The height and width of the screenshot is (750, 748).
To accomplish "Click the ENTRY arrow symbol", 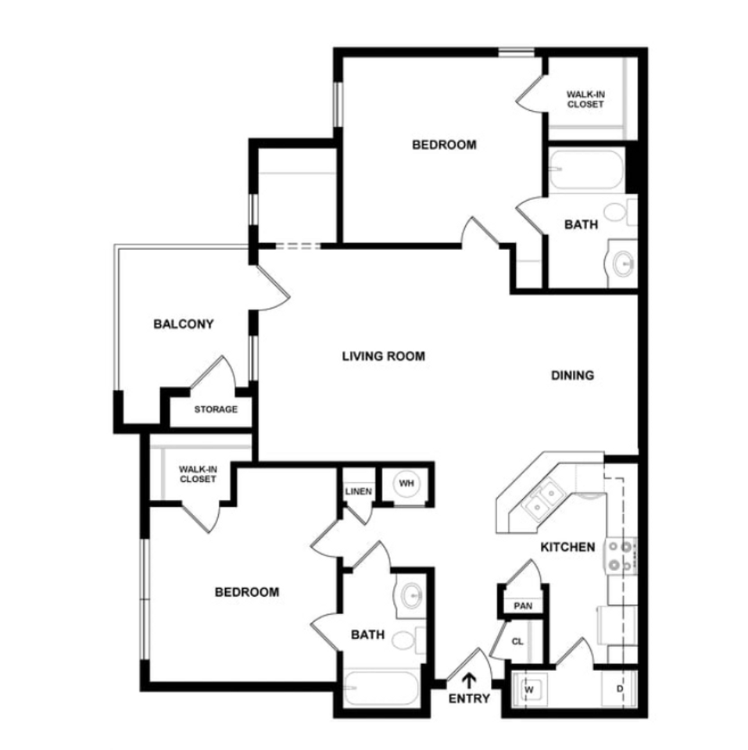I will click(x=470, y=680).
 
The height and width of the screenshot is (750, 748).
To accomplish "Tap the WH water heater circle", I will click(x=406, y=484).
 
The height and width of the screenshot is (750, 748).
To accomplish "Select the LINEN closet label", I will click(x=358, y=491).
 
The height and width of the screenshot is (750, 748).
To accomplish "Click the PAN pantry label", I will click(x=522, y=606).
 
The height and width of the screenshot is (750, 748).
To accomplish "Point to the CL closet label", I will click(x=517, y=642).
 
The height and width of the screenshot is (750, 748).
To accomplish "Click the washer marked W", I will click(x=528, y=690).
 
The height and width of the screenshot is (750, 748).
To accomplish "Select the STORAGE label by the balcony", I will click(x=216, y=409).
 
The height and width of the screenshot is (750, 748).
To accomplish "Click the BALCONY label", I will click(x=184, y=323).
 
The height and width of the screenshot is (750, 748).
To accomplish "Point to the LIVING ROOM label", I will click(x=384, y=356).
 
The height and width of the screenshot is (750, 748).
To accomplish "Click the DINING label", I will click(x=572, y=375).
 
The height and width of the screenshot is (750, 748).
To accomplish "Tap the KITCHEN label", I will click(x=568, y=547).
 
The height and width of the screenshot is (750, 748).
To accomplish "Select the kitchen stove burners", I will click(x=622, y=555).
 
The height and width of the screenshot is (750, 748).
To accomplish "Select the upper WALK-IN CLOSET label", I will click(x=585, y=99).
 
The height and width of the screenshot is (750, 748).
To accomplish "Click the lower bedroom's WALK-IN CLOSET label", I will click(x=198, y=474).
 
